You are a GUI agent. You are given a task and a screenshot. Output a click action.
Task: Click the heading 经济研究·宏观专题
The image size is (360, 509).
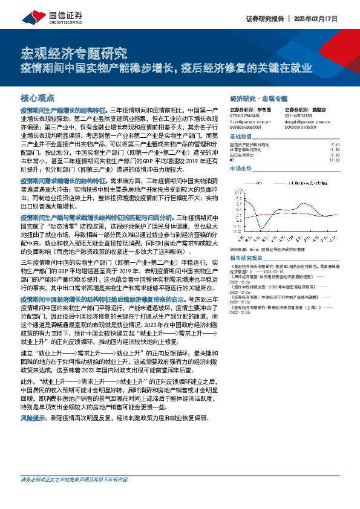pyautogui.click(x=259, y=97)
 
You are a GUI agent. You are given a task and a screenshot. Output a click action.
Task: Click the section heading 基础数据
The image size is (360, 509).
pyautogui.click(x=240, y=136)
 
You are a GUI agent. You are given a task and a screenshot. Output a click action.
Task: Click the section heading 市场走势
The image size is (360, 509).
pyautogui.click(x=240, y=169)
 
